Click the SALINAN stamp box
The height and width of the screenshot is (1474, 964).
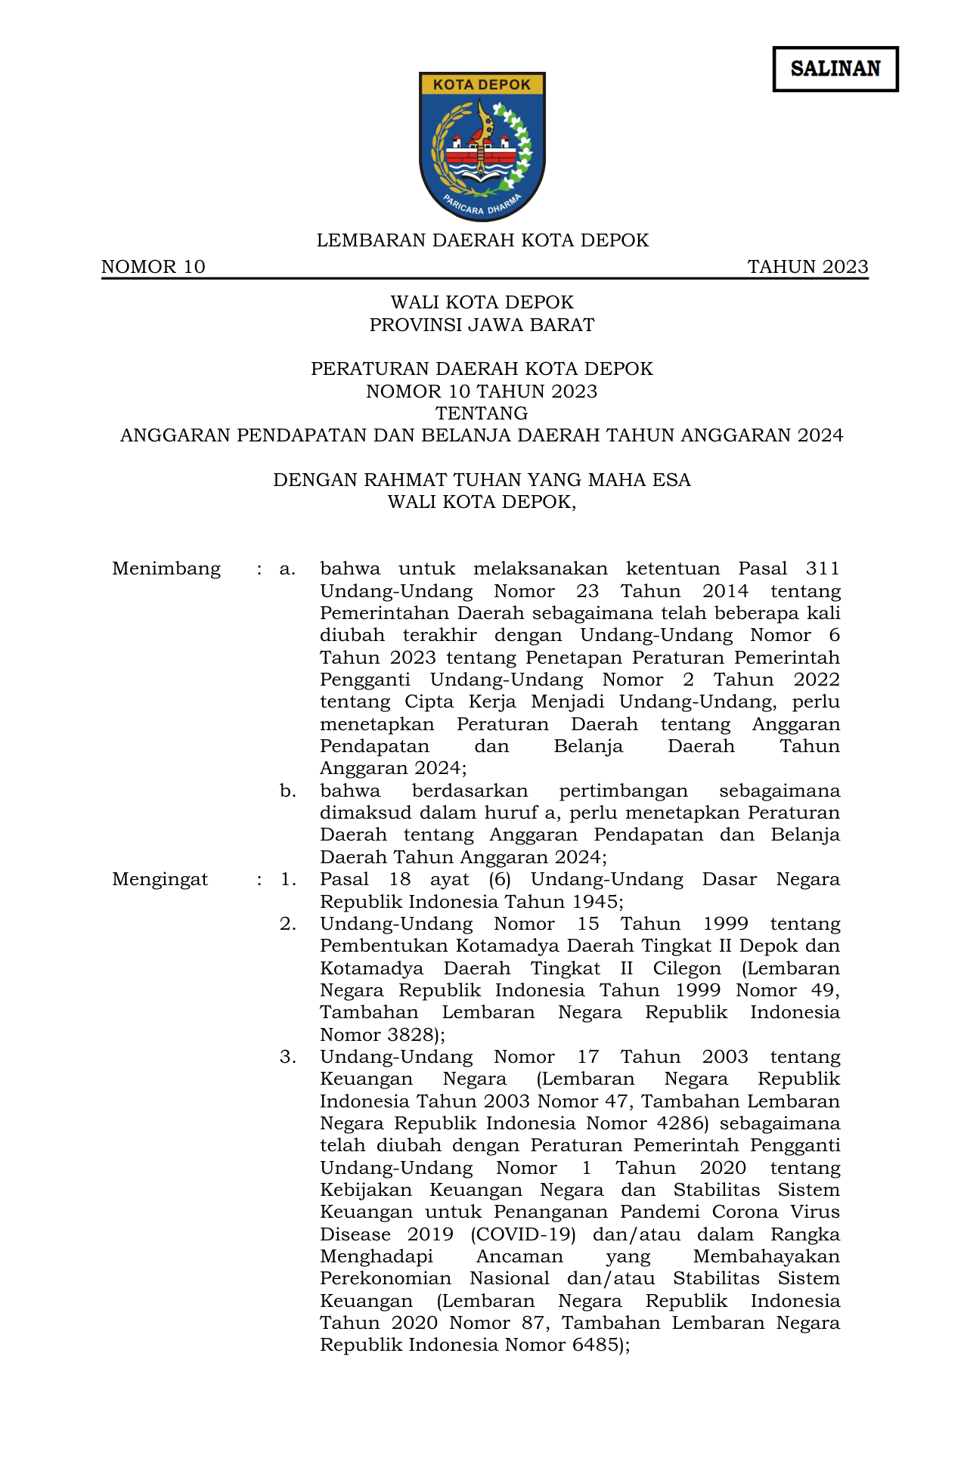pyautogui.click(x=835, y=69)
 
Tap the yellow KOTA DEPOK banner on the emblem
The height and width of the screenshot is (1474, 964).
pyautogui.click(x=482, y=85)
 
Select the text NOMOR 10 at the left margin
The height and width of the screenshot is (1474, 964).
pyautogui.click(x=153, y=267)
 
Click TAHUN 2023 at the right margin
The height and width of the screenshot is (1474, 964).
pyautogui.click(x=807, y=267)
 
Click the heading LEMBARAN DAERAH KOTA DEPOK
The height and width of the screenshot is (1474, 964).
pyautogui.click(x=482, y=240)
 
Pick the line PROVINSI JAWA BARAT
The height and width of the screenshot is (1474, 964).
pyautogui.click(x=482, y=325)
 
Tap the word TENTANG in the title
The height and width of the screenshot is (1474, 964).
pyautogui.click(x=482, y=413)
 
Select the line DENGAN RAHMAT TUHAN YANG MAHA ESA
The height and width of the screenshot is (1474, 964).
pyautogui.click(x=482, y=480)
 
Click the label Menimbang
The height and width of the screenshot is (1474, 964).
pyautogui.click(x=166, y=568)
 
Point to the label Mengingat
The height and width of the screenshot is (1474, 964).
pyautogui.click(x=160, y=879)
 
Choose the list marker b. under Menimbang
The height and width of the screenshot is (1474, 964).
pyautogui.click(x=287, y=791)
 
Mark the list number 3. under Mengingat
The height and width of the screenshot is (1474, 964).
pyautogui.click(x=287, y=1057)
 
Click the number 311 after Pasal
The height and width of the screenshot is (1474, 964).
pyautogui.click(x=822, y=568)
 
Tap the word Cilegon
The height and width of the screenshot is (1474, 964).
pyautogui.click(x=687, y=968)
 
